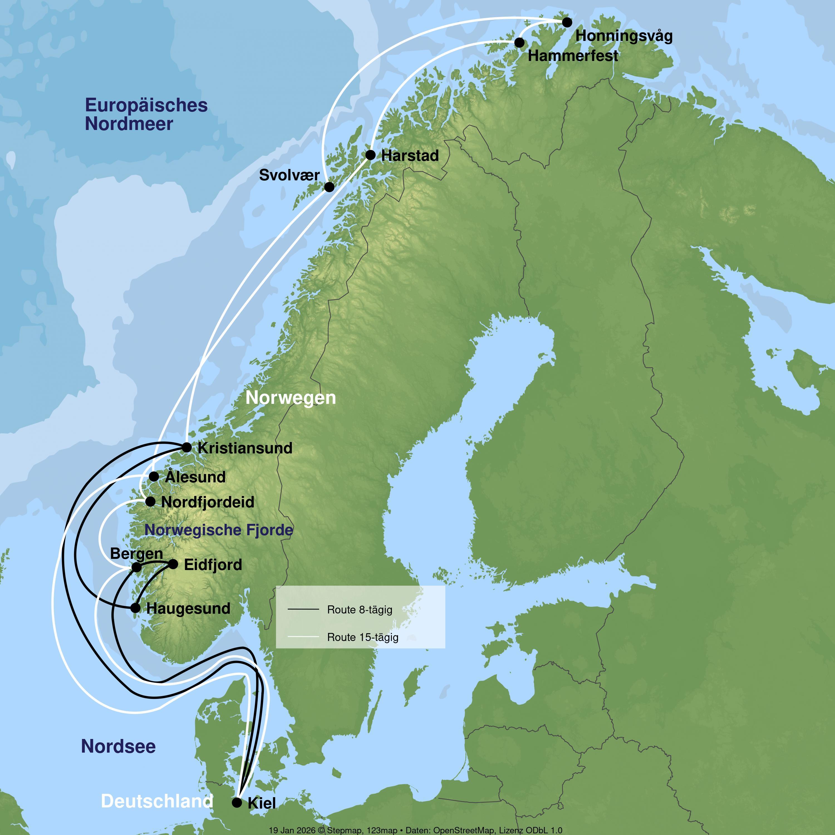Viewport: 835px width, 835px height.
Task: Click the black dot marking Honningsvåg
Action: click(x=567, y=22)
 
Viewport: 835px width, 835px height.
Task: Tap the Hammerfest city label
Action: click(x=573, y=56)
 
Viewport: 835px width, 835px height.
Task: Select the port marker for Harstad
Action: click(x=370, y=155)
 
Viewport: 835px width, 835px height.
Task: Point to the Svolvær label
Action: click(x=289, y=175)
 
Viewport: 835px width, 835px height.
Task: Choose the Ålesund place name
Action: click(x=195, y=477)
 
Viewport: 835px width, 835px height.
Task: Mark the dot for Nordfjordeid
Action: click(x=150, y=501)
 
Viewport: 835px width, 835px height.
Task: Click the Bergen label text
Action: click(x=137, y=554)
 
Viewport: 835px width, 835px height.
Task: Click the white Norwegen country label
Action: click(x=290, y=398)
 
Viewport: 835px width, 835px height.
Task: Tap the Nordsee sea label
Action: click(x=118, y=746)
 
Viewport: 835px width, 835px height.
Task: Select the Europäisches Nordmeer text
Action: click(x=146, y=114)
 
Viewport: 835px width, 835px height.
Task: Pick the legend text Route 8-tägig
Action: click(x=360, y=610)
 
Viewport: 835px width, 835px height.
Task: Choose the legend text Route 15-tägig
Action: click(x=363, y=637)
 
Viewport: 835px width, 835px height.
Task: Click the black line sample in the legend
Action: click(x=303, y=609)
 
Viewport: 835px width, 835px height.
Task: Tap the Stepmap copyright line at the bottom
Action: click(x=415, y=830)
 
